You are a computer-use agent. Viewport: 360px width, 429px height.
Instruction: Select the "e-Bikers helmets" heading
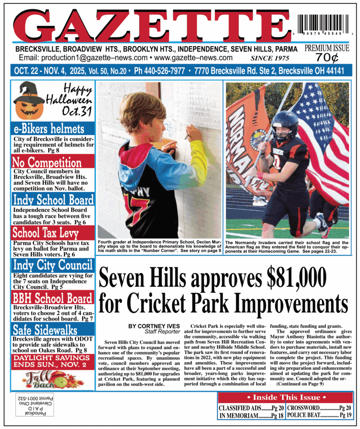click(x=49, y=128)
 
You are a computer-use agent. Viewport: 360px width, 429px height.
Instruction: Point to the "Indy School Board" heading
click(x=53, y=199)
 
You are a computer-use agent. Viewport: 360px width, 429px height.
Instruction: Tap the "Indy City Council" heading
click(x=53, y=265)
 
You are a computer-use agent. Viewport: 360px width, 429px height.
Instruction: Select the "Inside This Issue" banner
click(x=285, y=397)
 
